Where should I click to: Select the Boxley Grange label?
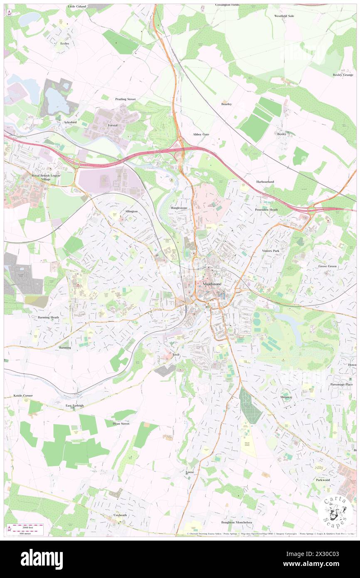click(343, 75)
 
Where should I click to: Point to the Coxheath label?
click(120, 515)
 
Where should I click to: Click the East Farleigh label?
click(74, 405)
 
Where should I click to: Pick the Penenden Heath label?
click(266, 210)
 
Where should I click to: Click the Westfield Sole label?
click(284, 16)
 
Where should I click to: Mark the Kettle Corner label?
click(23, 395)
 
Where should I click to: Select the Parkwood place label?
click(323, 479)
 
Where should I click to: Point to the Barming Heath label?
click(48, 317)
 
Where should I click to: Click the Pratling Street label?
click(125, 99)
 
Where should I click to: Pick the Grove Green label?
click(328, 266)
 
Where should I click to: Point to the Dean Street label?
click(121, 423)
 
